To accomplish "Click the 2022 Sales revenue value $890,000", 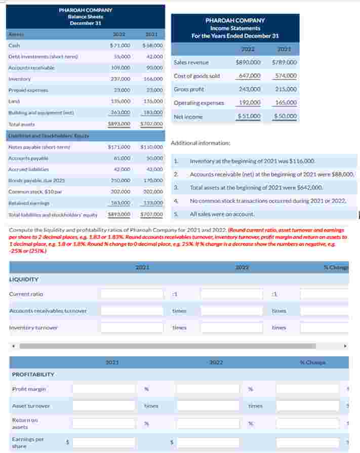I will [x=248, y=62].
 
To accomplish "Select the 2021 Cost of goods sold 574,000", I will [x=284, y=76].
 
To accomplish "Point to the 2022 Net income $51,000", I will [x=249, y=116].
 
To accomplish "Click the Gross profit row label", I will [x=188, y=89].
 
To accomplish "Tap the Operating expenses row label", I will [x=198, y=103].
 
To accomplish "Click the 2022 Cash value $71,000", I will [x=120, y=46].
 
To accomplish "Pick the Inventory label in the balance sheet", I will [x=20, y=79].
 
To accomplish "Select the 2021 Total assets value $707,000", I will [x=152, y=123].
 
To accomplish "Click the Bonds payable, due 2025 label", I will [x=29, y=181].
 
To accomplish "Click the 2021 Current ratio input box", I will [x=132, y=294].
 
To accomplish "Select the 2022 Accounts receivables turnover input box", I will [x=232, y=311].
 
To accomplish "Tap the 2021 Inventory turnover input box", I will [x=132, y=328].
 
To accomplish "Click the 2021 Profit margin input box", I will [x=104, y=389].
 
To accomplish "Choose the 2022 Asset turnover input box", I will [x=208, y=406].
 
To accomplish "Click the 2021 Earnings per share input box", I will [x=104, y=442].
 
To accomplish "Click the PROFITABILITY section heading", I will [x=33, y=375].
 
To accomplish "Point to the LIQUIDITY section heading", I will [x=24, y=279].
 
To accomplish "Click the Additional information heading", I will [x=201, y=143].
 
